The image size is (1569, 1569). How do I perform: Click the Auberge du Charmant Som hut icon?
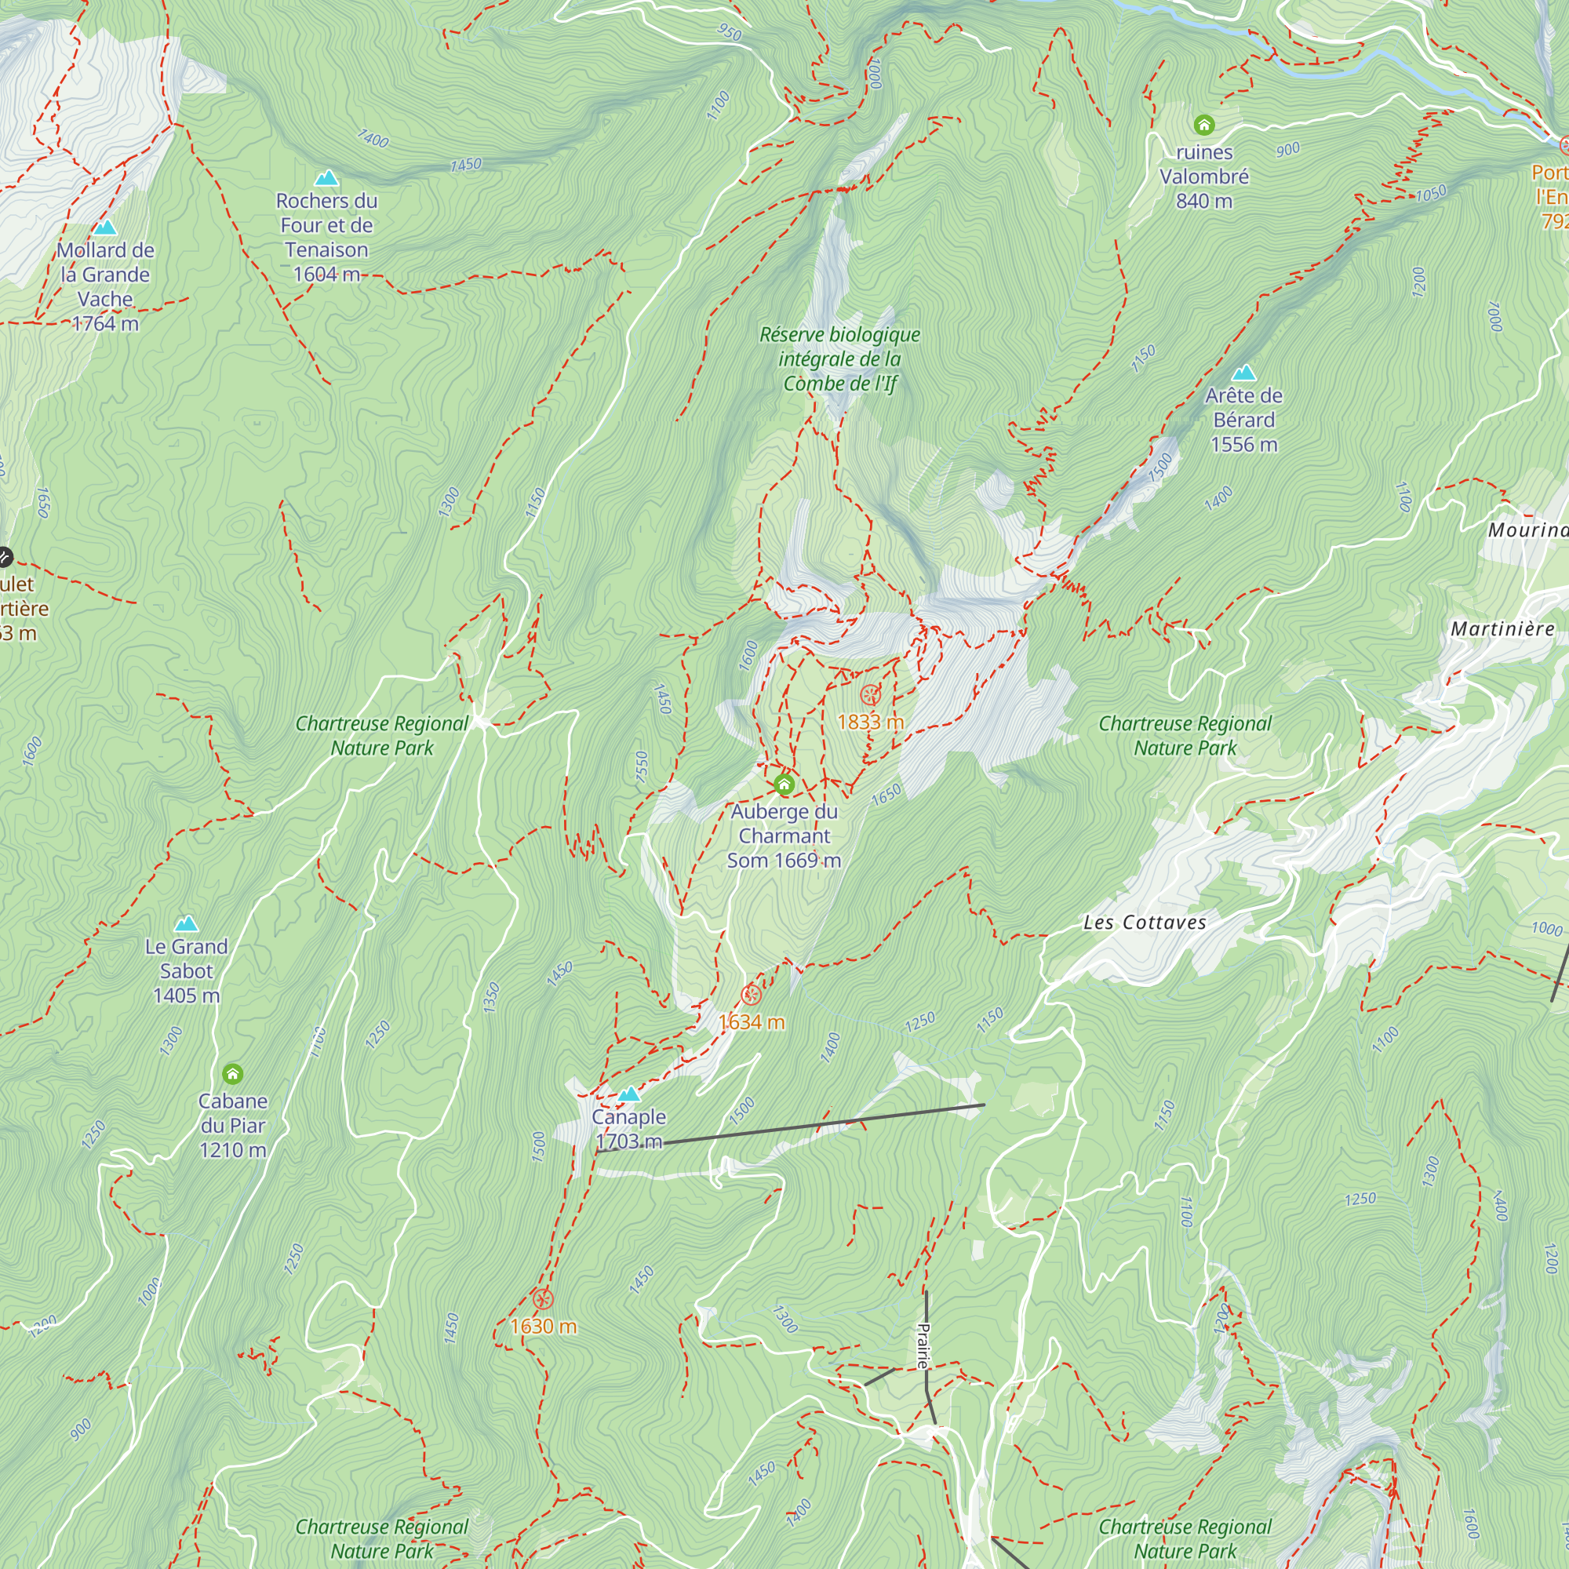[784, 784]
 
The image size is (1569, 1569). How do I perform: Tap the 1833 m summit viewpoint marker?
[870, 695]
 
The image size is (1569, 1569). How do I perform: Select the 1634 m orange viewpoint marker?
[752, 995]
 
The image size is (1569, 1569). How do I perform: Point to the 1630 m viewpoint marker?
[543, 1298]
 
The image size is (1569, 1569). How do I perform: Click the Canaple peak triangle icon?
[628, 1094]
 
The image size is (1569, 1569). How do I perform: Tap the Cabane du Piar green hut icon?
[232, 1075]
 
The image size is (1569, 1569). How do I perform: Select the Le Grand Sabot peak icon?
[186, 923]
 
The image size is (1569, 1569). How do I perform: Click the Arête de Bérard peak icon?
[1243, 373]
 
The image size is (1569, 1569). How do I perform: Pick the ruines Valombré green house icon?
[1203, 124]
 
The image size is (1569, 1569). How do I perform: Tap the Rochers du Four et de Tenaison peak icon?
[326, 177]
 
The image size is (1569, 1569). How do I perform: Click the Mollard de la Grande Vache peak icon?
[105, 228]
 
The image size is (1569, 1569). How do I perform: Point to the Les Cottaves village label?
[1145, 923]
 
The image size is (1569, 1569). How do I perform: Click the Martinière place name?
[1502, 628]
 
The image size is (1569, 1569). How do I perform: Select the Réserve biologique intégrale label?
[839, 359]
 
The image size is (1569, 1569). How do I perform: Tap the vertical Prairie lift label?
[923, 1345]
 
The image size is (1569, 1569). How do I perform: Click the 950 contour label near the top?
[730, 32]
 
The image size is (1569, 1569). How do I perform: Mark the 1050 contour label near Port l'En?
[1430, 193]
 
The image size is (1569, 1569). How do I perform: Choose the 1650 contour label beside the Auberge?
[886, 794]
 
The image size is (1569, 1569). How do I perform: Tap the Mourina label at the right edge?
[1527, 530]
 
